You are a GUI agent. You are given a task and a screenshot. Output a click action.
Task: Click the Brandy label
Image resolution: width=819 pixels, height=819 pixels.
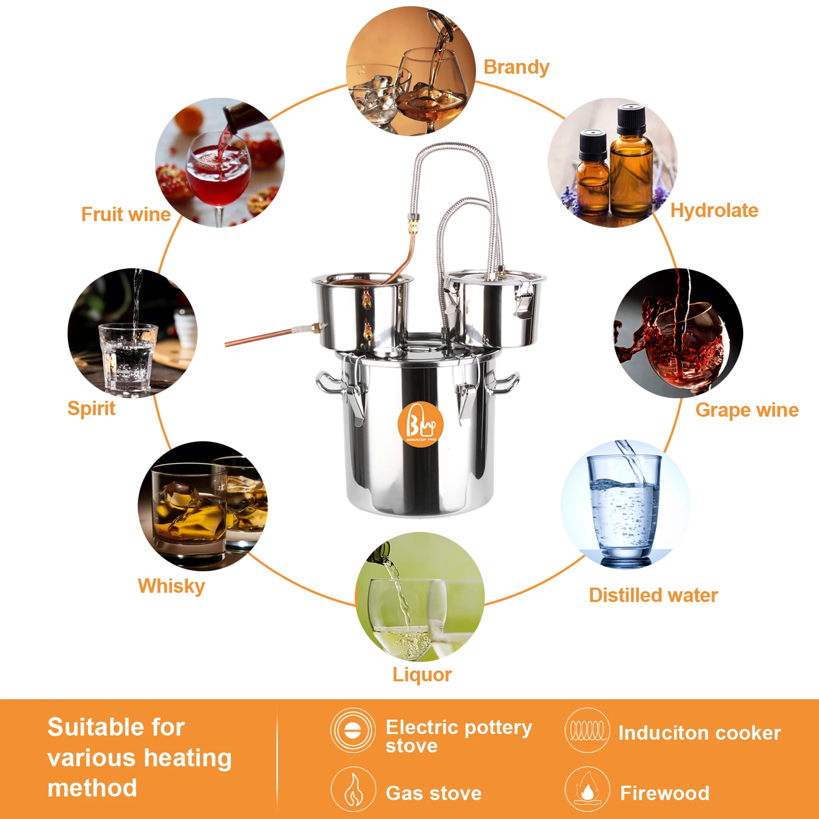(x=516, y=67)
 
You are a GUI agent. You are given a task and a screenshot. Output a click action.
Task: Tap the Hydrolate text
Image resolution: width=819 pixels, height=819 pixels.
(x=714, y=210)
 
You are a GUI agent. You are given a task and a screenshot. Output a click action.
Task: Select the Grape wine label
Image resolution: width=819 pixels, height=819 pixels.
(x=746, y=410)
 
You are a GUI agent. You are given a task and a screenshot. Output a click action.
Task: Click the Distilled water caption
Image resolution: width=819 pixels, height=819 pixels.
(x=653, y=595)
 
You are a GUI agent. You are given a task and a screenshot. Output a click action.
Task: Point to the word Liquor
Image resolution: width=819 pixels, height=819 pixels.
(x=422, y=675)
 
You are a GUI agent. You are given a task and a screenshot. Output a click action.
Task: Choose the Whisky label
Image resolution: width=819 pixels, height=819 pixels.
(x=171, y=586)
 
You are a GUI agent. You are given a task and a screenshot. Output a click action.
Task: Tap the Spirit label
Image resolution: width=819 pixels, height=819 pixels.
(x=91, y=408)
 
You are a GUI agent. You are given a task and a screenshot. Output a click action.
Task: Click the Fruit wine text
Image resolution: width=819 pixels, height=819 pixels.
(x=125, y=214)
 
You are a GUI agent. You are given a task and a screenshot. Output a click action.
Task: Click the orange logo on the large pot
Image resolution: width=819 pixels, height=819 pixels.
(x=420, y=424)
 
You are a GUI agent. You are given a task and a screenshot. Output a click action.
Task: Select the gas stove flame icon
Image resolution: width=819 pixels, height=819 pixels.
(x=353, y=789)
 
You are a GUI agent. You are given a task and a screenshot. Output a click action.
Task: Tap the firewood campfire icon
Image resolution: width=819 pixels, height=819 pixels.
(x=587, y=789)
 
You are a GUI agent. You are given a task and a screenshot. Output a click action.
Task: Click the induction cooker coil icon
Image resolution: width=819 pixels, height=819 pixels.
(x=587, y=730)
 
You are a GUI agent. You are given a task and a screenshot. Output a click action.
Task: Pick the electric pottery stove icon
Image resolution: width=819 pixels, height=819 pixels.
(x=353, y=730)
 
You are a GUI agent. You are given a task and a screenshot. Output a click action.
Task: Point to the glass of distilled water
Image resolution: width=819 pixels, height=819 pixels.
(x=623, y=509)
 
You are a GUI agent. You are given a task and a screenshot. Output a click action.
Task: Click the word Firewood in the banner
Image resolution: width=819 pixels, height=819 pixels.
(x=664, y=793)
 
